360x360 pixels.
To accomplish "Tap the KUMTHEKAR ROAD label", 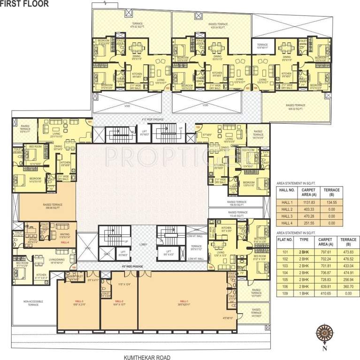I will (146, 357).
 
